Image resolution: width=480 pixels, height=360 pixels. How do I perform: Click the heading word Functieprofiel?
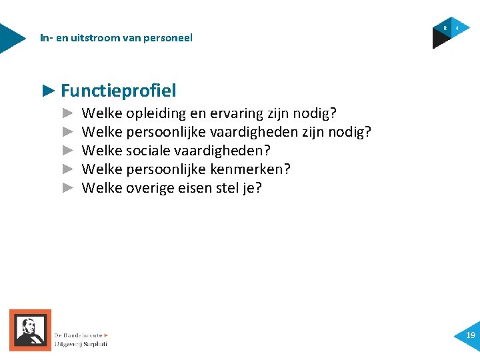[118, 90]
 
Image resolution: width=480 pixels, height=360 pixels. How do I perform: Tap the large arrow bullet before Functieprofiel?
[48, 90]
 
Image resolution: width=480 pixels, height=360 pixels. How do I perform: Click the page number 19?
[471, 335]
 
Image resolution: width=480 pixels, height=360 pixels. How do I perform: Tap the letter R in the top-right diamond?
[445, 28]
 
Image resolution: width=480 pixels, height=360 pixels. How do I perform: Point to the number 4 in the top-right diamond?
[457, 28]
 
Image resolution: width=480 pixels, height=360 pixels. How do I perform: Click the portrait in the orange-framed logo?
[29, 329]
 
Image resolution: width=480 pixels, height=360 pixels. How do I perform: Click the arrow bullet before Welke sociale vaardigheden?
[67, 151]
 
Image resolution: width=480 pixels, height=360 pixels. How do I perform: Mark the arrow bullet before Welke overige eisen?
[67, 188]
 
